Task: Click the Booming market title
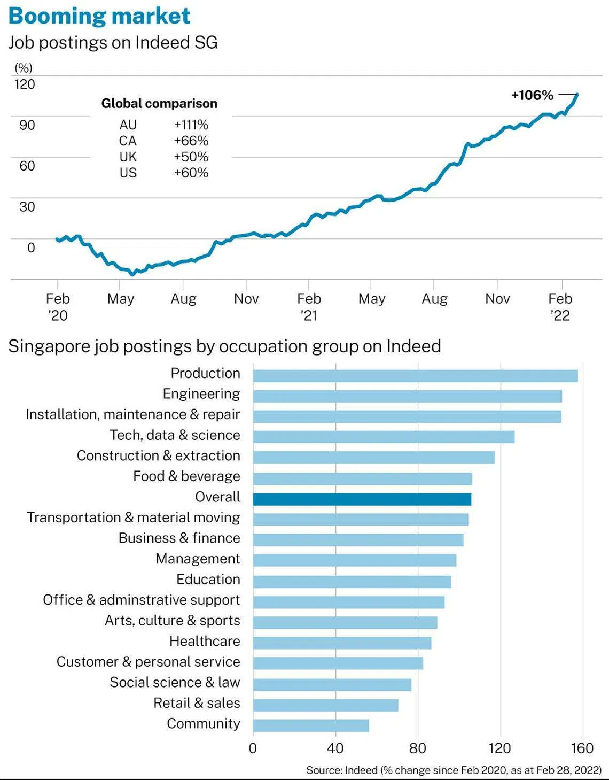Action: (x=99, y=16)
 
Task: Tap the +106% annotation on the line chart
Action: (x=532, y=96)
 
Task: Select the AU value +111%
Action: (x=191, y=125)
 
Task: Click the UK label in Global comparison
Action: (x=128, y=157)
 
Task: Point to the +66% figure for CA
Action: (x=191, y=141)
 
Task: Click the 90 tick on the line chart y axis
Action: (x=27, y=125)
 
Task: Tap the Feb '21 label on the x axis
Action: (x=309, y=307)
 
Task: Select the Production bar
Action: (x=415, y=376)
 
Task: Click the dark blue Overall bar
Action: (x=362, y=499)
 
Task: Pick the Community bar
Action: (x=311, y=725)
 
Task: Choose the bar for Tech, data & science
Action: (x=384, y=437)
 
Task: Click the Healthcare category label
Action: (x=205, y=641)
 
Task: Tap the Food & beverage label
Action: (x=186, y=476)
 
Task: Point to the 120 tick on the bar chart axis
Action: (x=499, y=749)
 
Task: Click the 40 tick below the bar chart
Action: (x=335, y=749)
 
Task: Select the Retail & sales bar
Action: (x=326, y=705)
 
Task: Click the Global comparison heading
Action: (x=159, y=104)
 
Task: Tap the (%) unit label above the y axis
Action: (x=24, y=68)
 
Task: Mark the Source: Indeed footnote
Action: (x=454, y=770)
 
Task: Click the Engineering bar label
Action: (x=201, y=394)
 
